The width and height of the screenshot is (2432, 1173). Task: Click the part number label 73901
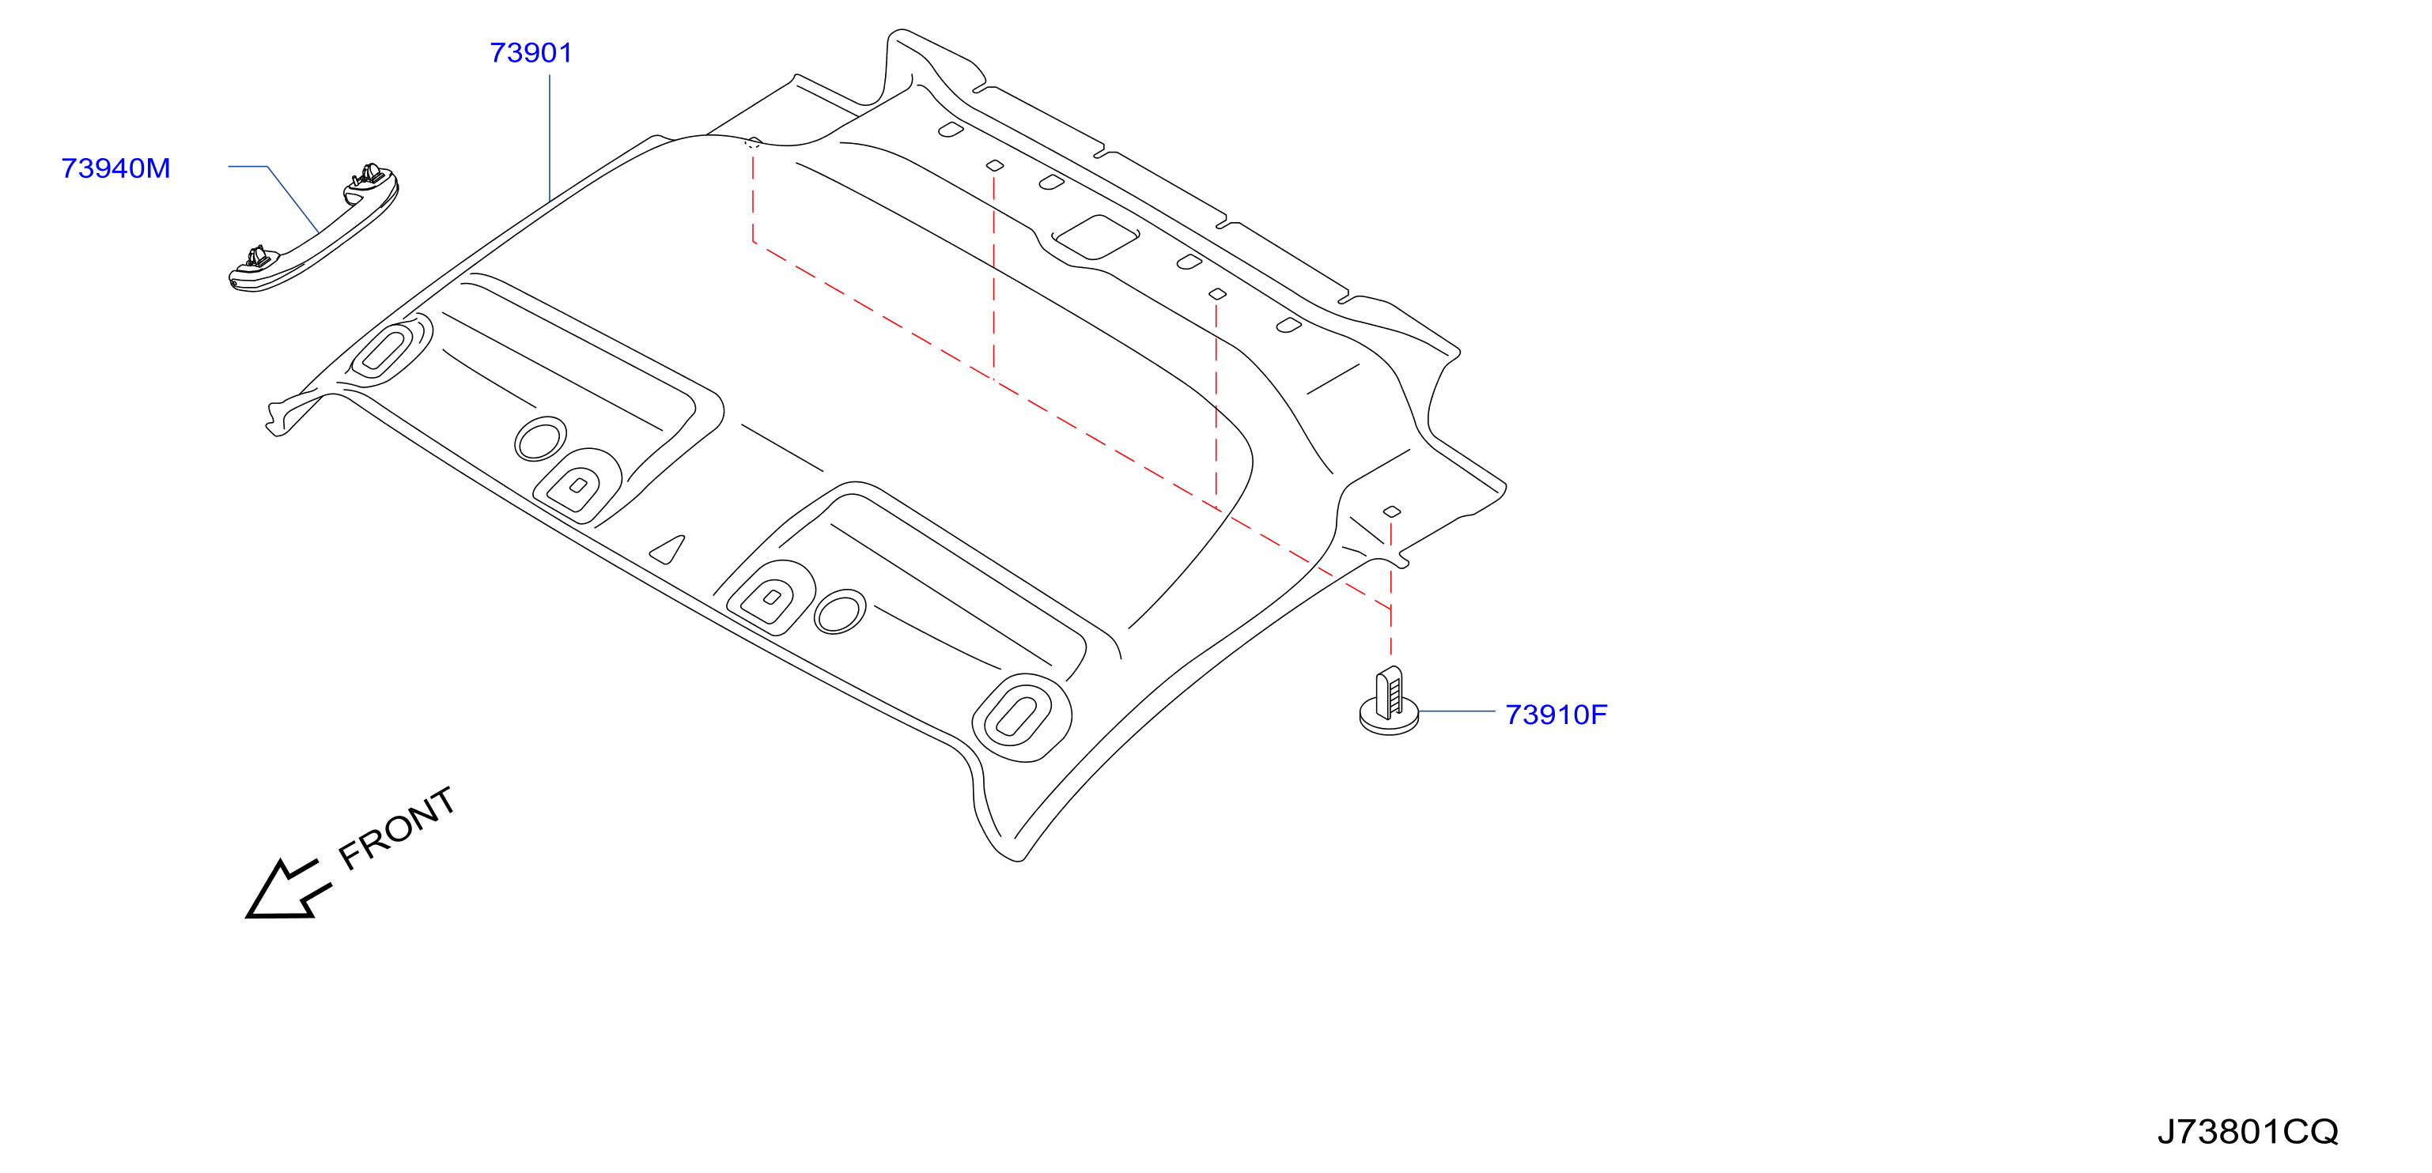pos(531,53)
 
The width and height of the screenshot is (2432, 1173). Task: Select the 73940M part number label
pos(115,168)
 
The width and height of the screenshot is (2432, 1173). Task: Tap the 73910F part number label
pos(1556,715)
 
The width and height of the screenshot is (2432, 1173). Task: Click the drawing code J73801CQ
pos(2248,1130)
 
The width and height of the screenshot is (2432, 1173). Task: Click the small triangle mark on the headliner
pos(668,550)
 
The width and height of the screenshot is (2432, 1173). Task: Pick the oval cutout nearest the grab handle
pos(381,350)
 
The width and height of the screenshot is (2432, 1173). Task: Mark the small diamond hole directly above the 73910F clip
pos(1392,512)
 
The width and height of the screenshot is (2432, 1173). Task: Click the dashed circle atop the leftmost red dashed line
pos(752,143)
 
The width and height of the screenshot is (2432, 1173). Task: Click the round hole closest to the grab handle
pos(541,439)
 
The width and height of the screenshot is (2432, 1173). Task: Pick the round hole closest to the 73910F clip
pos(839,612)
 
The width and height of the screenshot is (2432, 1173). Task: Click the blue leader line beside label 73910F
pos(1456,711)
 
